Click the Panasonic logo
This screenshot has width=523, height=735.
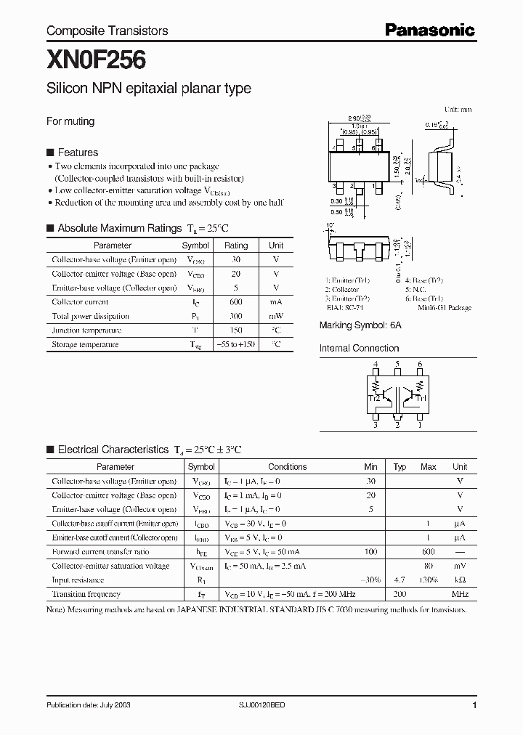(x=429, y=30)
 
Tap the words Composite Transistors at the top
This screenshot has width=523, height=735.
(x=107, y=31)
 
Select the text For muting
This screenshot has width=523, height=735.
(x=70, y=121)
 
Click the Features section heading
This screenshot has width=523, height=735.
(x=77, y=153)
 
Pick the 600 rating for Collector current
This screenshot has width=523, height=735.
(x=236, y=301)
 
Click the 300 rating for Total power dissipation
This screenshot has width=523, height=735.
(x=236, y=316)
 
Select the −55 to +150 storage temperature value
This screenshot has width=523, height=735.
(x=236, y=344)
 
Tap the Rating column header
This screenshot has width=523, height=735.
(x=236, y=245)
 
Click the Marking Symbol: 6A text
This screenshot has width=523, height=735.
(x=360, y=325)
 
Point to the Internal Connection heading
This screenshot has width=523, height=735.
(x=359, y=348)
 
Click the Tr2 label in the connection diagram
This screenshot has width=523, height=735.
(x=374, y=398)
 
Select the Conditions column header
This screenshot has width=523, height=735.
(x=288, y=467)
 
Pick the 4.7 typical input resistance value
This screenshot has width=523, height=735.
(x=400, y=580)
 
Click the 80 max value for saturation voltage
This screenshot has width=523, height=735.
(x=429, y=566)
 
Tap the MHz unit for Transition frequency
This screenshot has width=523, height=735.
(x=459, y=594)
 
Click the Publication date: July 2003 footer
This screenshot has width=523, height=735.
(x=89, y=705)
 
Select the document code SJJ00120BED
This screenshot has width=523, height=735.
(x=283, y=705)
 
